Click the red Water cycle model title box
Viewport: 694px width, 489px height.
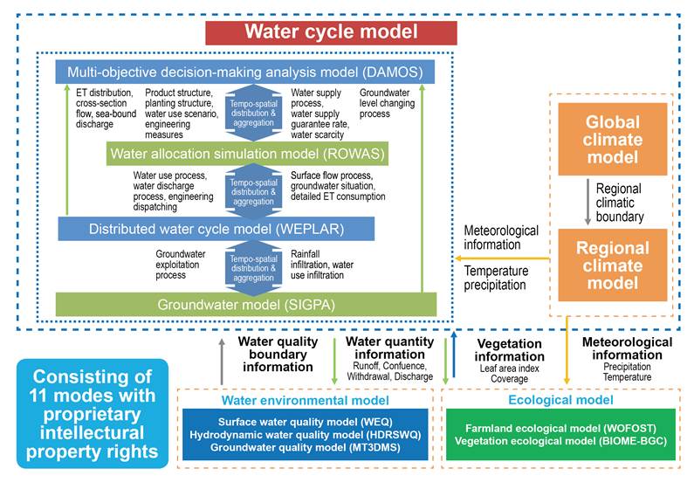pyautogui.click(x=330, y=32)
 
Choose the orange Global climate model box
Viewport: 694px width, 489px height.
pyautogui.click(x=611, y=141)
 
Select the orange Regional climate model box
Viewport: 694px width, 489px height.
pyautogui.click(x=611, y=258)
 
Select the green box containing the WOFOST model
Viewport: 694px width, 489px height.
pyautogui.click(x=560, y=434)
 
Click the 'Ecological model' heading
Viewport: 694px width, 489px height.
pyautogui.click(x=560, y=400)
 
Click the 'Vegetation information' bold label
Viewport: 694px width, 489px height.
pyautogui.click(x=509, y=350)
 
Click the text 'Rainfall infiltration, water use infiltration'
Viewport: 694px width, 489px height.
pyautogui.click(x=322, y=265)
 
